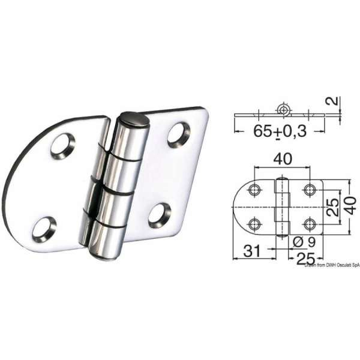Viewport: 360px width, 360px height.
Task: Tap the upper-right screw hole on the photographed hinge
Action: [x=178, y=134]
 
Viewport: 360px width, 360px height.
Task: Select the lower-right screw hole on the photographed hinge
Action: [x=159, y=215]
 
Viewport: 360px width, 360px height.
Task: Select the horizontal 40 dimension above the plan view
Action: [x=281, y=160]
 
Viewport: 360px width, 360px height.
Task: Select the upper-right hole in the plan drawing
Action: [x=310, y=190]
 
